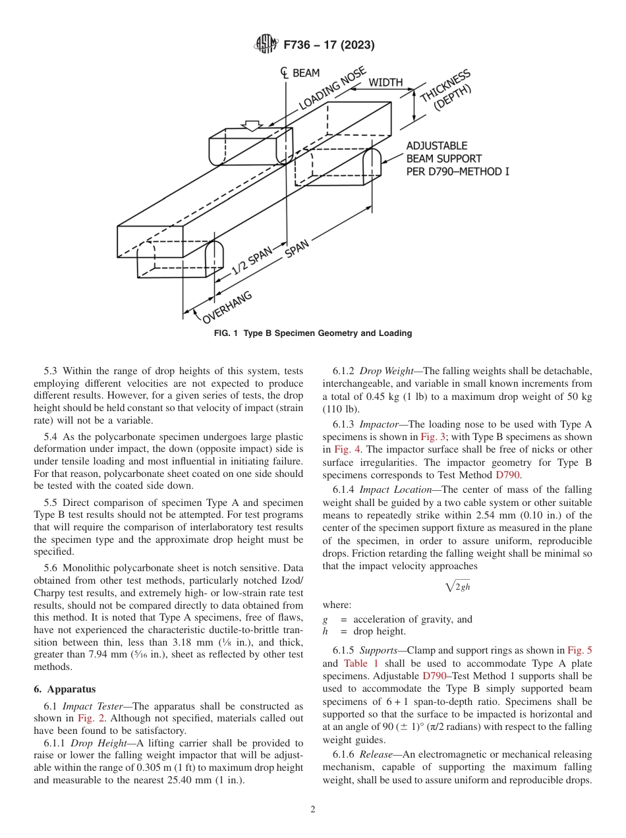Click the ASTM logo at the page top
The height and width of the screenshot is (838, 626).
click(x=266, y=45)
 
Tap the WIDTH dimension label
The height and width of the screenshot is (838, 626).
click(x=385, y=82)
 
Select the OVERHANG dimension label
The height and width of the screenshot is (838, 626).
click(x=227, y=308)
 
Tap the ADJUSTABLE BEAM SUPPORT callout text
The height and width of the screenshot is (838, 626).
click(x=457, y=159)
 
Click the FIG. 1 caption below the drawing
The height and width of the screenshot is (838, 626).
click(x=313, y=333)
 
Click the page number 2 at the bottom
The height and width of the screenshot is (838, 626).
click(x=313, y=810)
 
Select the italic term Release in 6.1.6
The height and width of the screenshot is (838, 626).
click(x=378, y=755)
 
